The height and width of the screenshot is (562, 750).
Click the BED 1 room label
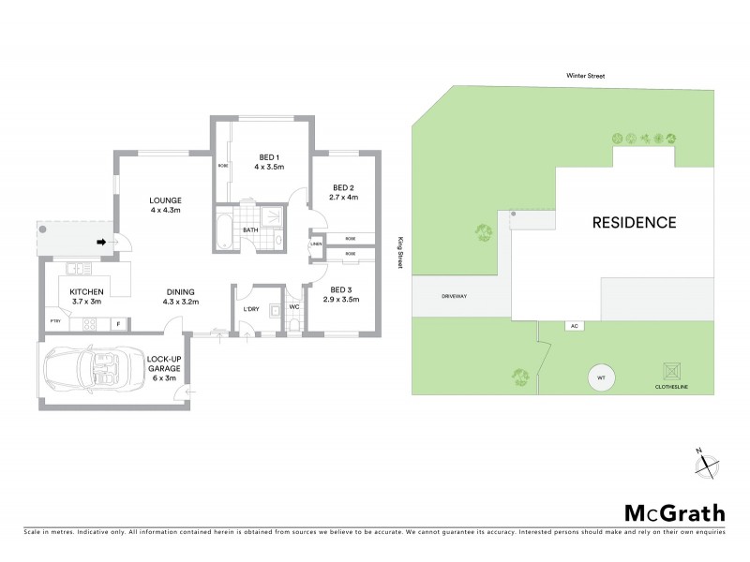click(268, 155)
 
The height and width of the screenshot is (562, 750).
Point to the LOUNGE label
click(164, 200)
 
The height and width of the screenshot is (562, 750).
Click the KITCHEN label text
click(85, 292)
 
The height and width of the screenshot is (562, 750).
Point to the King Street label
click(398, 252)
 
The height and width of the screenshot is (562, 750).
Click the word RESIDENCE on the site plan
click(633, 223)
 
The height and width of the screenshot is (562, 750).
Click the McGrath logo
click(674, 512)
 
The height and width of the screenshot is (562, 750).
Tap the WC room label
click(294, 306)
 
